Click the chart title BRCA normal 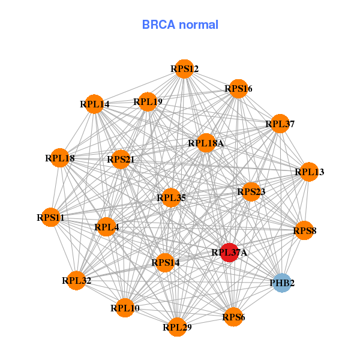tap(180, 25)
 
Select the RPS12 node tap(185, 70)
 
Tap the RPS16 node tap(238, 89)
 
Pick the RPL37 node tap(280, 124)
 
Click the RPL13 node tap(309, 172)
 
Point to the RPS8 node tap(304, 230)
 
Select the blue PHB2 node tap(282, 282)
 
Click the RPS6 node tap(233, 316)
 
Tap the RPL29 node tap(177, 326)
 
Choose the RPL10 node tap(125, 308)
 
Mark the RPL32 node tap(76, 280)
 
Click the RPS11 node tap(50, 217)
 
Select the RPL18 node tap(59, 158)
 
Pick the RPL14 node tap(94, 104)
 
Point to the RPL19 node tap(148, 101)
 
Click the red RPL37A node tap(229, 253)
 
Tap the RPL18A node tap(206, 143)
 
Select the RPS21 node tap(121, 159)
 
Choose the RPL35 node tap(171, 197)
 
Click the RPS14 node tap(165, 262)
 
